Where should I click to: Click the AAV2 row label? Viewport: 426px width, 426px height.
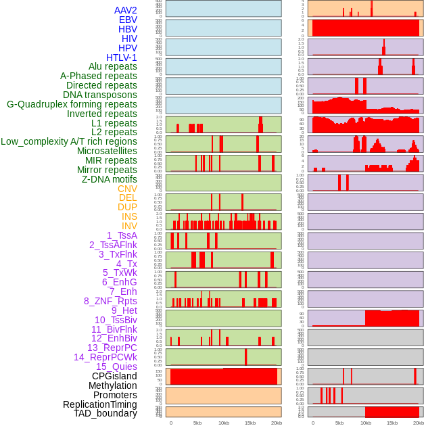(126, 10)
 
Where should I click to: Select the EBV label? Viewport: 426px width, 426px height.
(128, 20)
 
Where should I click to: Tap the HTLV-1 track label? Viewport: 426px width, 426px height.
(122, 57)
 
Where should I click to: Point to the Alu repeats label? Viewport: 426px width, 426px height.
(113, 66)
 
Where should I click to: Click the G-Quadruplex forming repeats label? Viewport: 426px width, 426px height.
(72, 104)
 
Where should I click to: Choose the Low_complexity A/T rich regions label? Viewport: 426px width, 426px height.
(69, 141)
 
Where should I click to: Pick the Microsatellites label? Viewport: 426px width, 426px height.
(107, 151)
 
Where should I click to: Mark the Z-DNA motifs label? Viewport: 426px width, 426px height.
(110, 179)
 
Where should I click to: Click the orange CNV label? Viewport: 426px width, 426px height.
(127, 189)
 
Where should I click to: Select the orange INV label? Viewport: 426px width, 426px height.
(129, 226)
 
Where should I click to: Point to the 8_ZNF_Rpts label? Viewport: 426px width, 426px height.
(110, 301)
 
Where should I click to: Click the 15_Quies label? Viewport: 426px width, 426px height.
(116, 366)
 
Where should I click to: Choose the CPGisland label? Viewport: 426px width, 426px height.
(114, 376)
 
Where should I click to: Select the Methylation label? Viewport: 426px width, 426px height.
(113, 385)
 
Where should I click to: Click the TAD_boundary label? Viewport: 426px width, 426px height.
(105, 413)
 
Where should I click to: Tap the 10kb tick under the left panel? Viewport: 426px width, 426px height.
(224, 423)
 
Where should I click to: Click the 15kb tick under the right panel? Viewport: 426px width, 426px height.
(392, 423)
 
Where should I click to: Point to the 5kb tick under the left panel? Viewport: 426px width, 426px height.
(197, 423)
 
